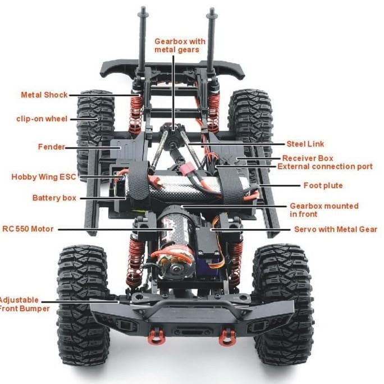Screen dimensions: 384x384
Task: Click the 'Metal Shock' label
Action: tap(44, 95)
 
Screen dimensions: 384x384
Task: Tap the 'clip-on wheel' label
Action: tap(42, 119)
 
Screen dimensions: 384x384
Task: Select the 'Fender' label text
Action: tap(51, 147)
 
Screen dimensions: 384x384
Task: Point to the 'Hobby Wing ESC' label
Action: tap(43, 177)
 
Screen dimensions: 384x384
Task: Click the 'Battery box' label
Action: tap(54, 198)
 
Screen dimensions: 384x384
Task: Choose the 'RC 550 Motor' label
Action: tap(28, 229)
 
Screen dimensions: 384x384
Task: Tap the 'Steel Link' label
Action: tap(305, 144)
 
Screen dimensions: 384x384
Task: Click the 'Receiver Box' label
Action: tap(307, 159)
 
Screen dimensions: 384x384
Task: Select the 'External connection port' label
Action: tap(324, 167)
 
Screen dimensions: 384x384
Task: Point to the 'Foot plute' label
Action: tap(323, 185)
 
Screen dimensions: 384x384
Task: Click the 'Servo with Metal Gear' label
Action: tap(335, 230)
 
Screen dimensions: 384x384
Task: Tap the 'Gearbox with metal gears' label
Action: tap(180, 45)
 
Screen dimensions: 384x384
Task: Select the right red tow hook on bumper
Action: tap(227, 336)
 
